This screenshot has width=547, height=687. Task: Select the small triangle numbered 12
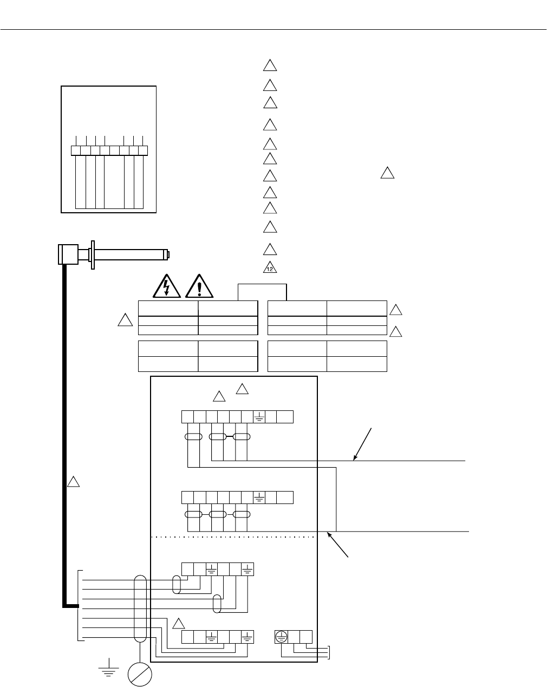270,267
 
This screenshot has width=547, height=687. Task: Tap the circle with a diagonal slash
140,675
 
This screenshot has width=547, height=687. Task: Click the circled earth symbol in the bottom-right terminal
281,637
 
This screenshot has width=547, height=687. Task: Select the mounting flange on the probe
93,254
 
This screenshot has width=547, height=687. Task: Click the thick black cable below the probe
64,433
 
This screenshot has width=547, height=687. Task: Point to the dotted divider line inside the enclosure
233,537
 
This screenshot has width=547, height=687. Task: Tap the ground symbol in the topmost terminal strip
259,417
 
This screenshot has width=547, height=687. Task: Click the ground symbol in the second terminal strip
259,496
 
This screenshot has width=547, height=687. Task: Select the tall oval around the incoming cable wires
140,609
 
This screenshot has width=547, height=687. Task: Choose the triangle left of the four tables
125,320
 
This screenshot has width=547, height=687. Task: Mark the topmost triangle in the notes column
270,66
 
